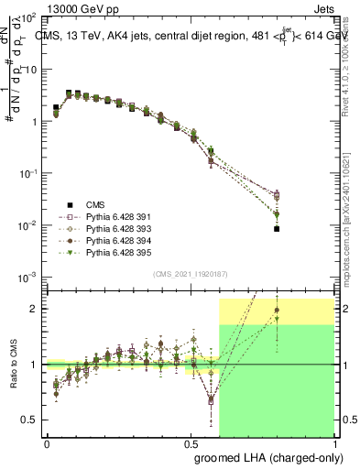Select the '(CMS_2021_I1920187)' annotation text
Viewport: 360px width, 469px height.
point(190,273)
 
